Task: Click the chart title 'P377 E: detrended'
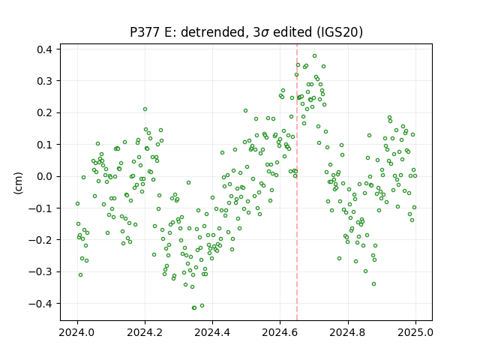click(x=190, y=32)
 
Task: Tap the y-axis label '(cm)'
click(x=18, y=183)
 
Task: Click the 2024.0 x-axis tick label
click(x=77, y=332)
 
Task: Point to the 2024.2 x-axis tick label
click(x=145, y=332)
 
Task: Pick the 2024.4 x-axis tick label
click(x=212, y=332)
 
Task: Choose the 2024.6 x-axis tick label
click(x=280, y=332)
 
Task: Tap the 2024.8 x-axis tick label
click(x=348, y=332)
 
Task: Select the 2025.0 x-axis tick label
click(x=415, y=332)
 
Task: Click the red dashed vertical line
click(x=297, y=182)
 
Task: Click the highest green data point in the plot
click(x=314, y=56)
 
